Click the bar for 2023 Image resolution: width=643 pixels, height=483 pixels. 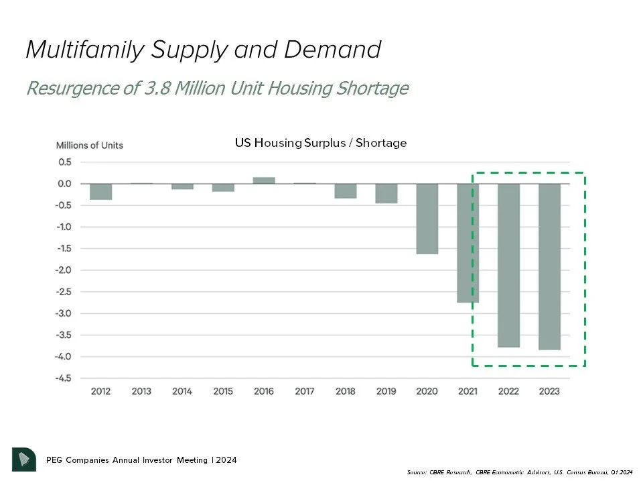(x=549, y=266)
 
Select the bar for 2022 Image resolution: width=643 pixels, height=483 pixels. (x=508, y=265)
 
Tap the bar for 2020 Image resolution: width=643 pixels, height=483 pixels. (x=427, y=219)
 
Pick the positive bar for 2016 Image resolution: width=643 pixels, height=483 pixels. (x=264, y=180)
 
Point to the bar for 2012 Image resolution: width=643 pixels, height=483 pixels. (x=100, y=191)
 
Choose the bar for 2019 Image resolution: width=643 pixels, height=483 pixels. (x=386, y=193)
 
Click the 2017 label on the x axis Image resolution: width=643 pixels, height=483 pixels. (x=305, y=391)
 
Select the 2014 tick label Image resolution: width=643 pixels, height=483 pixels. (x=182, y=391)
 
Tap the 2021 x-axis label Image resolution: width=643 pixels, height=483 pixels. (x=468, y=391)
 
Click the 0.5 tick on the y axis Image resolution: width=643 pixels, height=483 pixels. (x=64, y=162)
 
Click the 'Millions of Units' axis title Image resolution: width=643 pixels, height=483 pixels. (x=89, y=146)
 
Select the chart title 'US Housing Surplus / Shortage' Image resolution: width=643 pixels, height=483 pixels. (x=320, y=143)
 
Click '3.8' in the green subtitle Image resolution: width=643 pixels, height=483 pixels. (x=158, y=88)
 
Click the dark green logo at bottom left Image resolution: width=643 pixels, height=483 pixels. (x=23, y=459)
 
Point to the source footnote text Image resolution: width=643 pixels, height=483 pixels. (x=519, y=472)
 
